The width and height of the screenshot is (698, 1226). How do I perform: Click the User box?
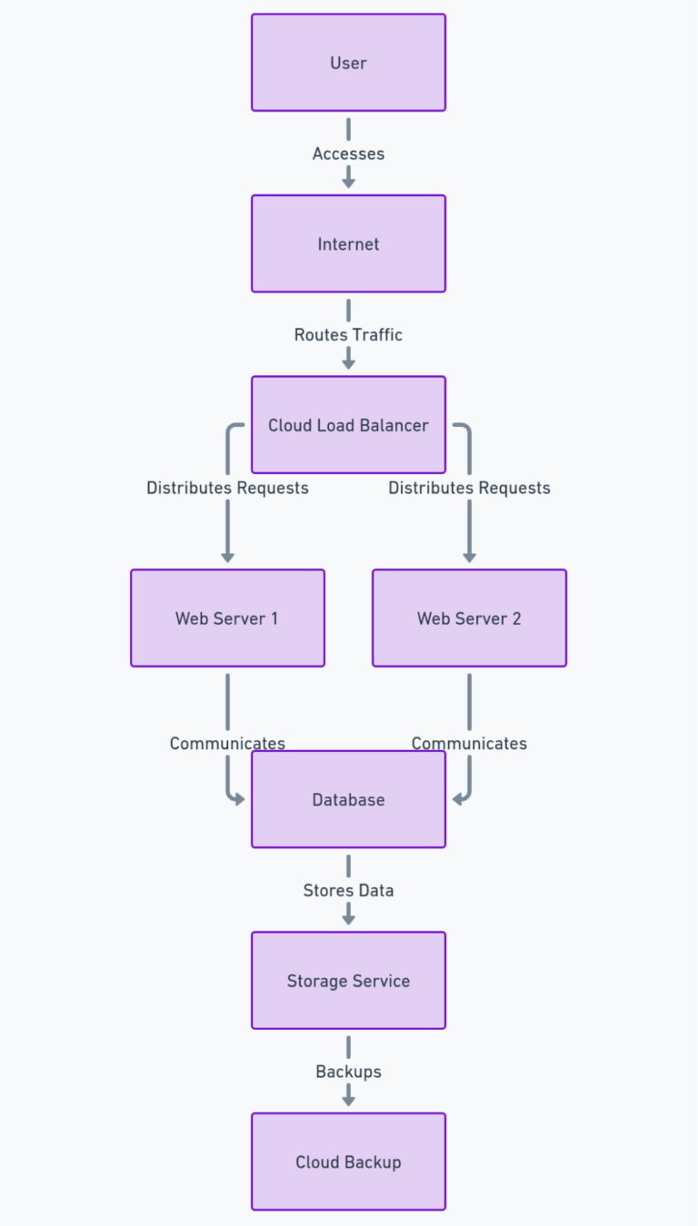click(x=348, y=63)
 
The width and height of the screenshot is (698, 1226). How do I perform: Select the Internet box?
click(x=348, y=243)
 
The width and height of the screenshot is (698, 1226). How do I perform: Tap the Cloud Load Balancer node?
click(x=348, y=425)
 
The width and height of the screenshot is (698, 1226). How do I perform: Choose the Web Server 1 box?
click(x=227, y=618)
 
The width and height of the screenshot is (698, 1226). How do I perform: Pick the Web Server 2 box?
click(x=469, y=618)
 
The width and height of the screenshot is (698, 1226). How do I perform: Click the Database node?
click(x=348, y=799)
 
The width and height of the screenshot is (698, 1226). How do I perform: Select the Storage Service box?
click(x=348, y=981)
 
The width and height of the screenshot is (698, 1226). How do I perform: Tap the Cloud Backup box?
click(x=348, y=1162)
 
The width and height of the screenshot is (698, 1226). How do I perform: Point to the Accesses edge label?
click(x=348, y=153)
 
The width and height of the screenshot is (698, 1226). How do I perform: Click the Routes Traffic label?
click(x=348, y=335)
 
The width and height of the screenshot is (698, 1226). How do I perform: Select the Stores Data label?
click(x=348, y=890)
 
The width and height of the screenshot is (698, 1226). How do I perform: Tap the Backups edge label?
click(x=348, y=1072)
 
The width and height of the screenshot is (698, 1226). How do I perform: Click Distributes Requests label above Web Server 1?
click(x=227, y=488)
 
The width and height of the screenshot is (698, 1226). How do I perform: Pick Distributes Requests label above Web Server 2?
click(x=469, y=488)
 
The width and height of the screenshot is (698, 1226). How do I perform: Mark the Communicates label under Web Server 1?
click(x=227, y=743)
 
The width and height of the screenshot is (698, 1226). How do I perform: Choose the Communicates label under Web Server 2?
click(x=469, y=743)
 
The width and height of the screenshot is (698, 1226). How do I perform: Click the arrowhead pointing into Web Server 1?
click(x=227, y=557)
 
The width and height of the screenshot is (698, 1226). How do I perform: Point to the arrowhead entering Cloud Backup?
click(x=348, y=1100)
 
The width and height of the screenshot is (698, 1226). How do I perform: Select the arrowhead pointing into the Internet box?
click(x=348, y=183)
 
